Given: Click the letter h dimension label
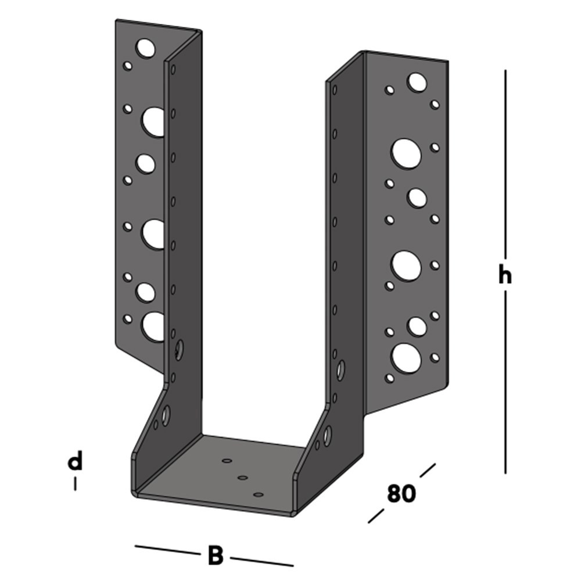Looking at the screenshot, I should (505, 276).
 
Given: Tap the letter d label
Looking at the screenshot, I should (75, 462).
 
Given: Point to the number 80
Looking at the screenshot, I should (401, 493).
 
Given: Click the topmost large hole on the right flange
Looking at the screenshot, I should (417, 83).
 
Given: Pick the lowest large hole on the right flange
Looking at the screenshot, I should (406, 358).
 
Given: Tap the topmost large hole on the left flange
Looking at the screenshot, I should (146, 48).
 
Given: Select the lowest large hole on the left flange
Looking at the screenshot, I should (154, 327).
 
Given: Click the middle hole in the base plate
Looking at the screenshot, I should (243, 478).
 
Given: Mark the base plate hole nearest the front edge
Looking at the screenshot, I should (259, 494).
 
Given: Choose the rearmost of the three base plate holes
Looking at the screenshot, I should (227, 460).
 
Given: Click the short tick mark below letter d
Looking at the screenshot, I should (75, 483).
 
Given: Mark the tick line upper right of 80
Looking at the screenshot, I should (427, 470).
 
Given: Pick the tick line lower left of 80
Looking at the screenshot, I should (376, 515).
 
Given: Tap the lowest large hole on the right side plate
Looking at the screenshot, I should (328, 435).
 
